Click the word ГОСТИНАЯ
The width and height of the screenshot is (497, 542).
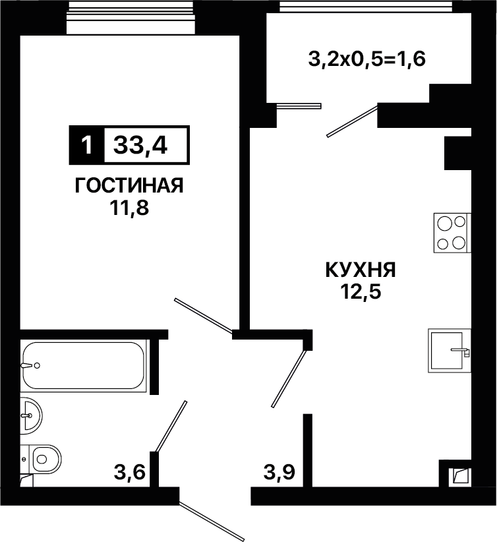click(x=129, y=186)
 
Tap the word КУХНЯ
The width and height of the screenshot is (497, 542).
click(x=361, y=270)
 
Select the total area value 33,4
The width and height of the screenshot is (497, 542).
click(x=140, y=145)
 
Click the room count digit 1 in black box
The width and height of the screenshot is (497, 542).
click(x=87, y=145)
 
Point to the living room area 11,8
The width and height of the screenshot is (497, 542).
click(x=129, y=208)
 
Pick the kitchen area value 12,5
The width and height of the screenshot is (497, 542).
click(x=361, y=292)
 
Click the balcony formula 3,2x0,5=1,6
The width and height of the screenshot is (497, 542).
click(x=366, y=59)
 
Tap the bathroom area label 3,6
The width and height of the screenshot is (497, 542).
click(x=130, y=472)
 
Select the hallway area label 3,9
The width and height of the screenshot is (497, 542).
click(x=279, y=472)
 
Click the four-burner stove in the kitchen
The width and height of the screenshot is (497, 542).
click(x=452, y=233)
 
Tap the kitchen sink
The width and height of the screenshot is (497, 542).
click(x=450, y=350)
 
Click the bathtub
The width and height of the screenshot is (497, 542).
click(x=83, y=366)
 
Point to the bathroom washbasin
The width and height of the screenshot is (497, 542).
click(x=31, y=415)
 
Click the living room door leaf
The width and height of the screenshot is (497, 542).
click(x=203, y=316)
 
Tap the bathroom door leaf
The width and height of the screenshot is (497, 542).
click(x=171, y=426)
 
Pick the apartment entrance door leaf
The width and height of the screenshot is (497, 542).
click(x=212, y=520)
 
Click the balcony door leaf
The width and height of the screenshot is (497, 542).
click(x=353, y=121)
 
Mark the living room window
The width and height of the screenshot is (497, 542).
click(x=130, y=17)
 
